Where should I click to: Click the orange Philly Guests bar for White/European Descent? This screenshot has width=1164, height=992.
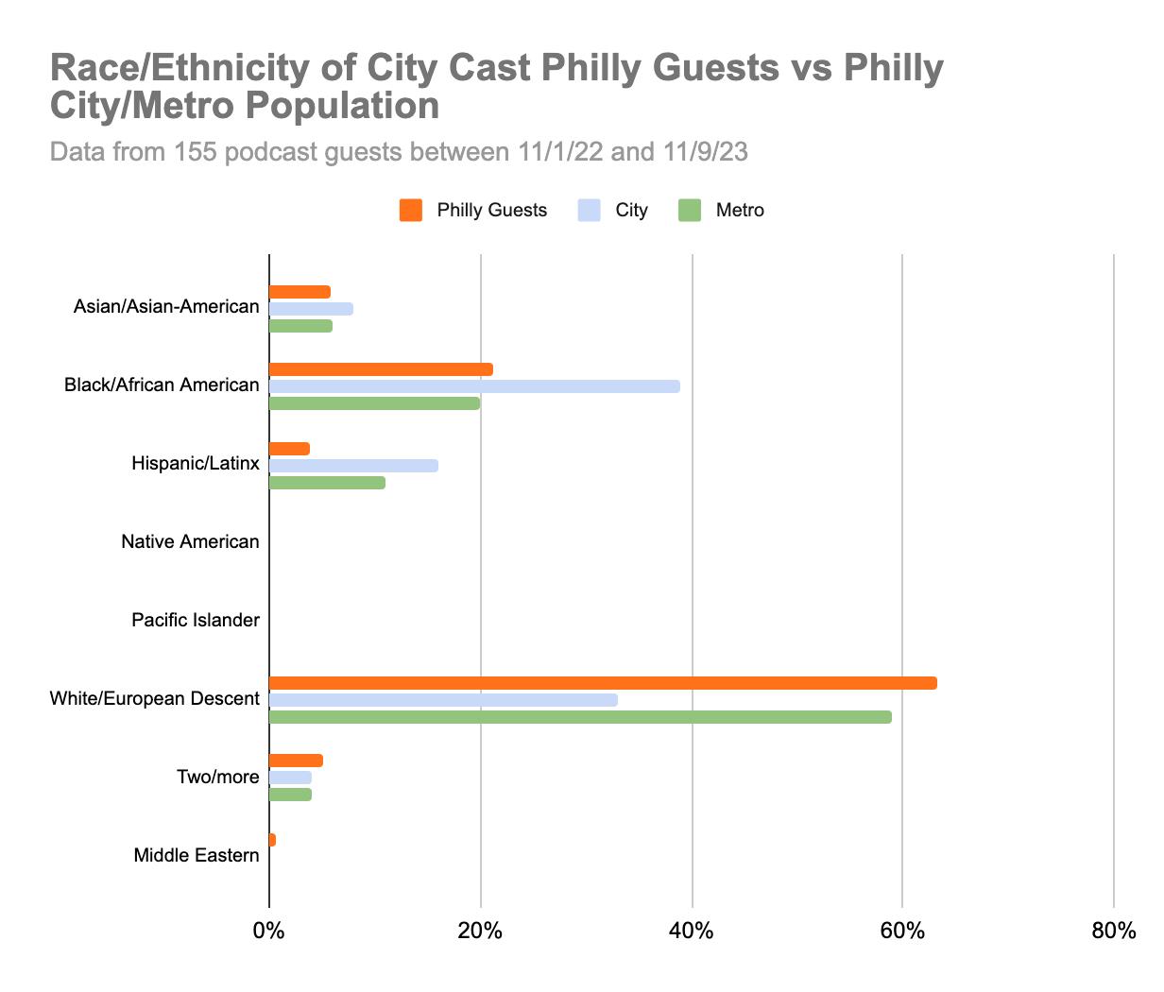[x=603, y=683]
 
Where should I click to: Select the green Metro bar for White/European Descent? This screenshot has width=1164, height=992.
[x=580, y=717]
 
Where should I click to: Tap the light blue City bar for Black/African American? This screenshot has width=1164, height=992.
[x=474, y=386]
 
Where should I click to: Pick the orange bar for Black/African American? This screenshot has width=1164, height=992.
[x=381, y=369]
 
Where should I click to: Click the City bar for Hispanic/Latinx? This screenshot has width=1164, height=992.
[x=353, y=466]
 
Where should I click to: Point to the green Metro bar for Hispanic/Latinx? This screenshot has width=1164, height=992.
[x=327, y=483]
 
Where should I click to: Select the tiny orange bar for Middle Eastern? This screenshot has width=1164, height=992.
[x=273, y=840]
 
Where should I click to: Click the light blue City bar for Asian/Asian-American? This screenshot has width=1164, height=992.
[x=311, y=309]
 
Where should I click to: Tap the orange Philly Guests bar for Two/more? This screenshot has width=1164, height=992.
[x=296, y=761]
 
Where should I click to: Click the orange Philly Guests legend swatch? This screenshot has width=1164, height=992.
[x=410, y=211]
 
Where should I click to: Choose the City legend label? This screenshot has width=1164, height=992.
[x=631, y=211]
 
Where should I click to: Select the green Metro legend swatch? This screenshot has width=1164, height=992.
[x=690, y=211]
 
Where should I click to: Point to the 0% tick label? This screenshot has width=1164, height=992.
[x=269, y=932]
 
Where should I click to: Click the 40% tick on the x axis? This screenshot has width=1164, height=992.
[x=692, y=932]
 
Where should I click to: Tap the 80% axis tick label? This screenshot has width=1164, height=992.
[x=1113, y=932]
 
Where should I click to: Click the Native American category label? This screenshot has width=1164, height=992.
[x=190, y=542]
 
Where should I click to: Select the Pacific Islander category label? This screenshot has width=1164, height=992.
[x=196, y=621]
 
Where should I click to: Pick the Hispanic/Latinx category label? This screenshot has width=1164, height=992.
[x=196, y=464]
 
